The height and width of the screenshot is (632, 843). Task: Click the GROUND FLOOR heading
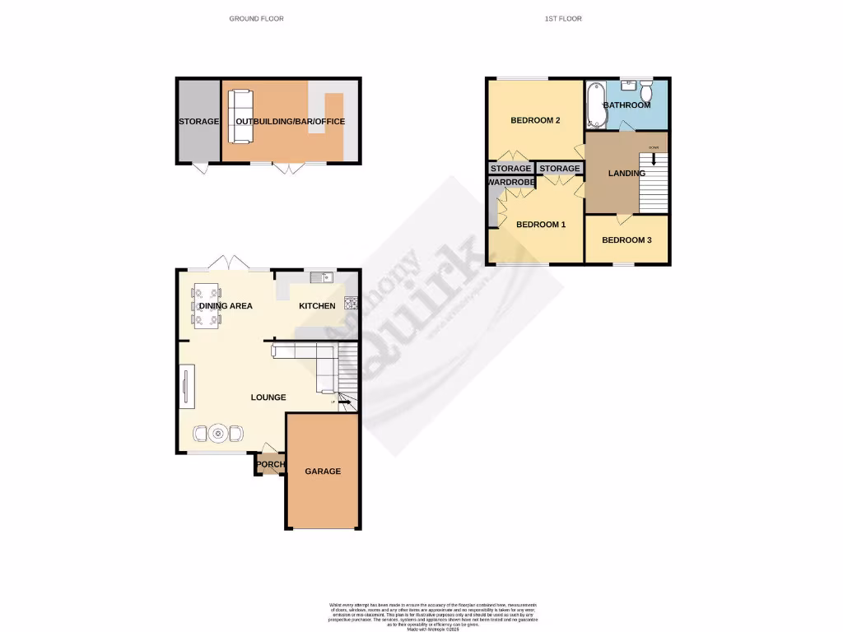[256, 18]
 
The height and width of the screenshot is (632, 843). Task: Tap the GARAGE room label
[323, 472]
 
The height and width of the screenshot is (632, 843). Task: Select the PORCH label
[271, 465]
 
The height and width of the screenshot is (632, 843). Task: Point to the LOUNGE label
[268, 397]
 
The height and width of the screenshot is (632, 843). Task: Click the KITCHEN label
[317, 306]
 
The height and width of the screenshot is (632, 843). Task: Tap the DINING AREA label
[225, 306]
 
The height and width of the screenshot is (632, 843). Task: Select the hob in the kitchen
[350, 302]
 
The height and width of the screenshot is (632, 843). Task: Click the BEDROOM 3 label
[626, 240]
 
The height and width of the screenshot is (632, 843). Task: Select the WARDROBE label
[511, 182]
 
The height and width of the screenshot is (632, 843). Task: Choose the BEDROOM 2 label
[535, 121]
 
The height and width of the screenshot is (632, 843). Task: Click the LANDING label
[626, 174]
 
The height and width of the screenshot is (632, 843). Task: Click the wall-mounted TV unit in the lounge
[186, 388]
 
